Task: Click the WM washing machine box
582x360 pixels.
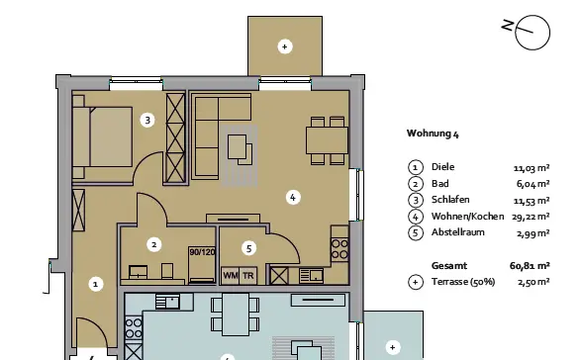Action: point(230,276)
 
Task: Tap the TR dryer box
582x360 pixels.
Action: point(247,276)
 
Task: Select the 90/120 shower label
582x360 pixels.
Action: point(202,252)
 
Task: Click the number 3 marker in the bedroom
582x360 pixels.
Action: point(147,120)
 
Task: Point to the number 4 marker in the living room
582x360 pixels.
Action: point(293,197)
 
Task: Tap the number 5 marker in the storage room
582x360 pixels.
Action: point(248,248)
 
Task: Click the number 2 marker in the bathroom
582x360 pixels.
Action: point(154,244)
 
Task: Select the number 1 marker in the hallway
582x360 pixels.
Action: point(96,285)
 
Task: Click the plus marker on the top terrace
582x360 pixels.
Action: point(285,46)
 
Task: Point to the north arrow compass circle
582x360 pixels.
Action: point(533,33)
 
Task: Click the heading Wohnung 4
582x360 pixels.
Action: point(433,134)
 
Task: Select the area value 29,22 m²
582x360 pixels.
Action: point(531,217)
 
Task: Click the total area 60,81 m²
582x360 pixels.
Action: point(530,266)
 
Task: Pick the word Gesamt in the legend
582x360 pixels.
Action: point(449,266)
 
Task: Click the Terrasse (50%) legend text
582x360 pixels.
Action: point(463,282)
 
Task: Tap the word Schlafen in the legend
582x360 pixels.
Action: point(450,200)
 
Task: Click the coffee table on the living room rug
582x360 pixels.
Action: point(238,146)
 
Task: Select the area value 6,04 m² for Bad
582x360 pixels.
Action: point(533,184)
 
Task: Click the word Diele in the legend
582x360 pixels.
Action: point(442,167)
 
